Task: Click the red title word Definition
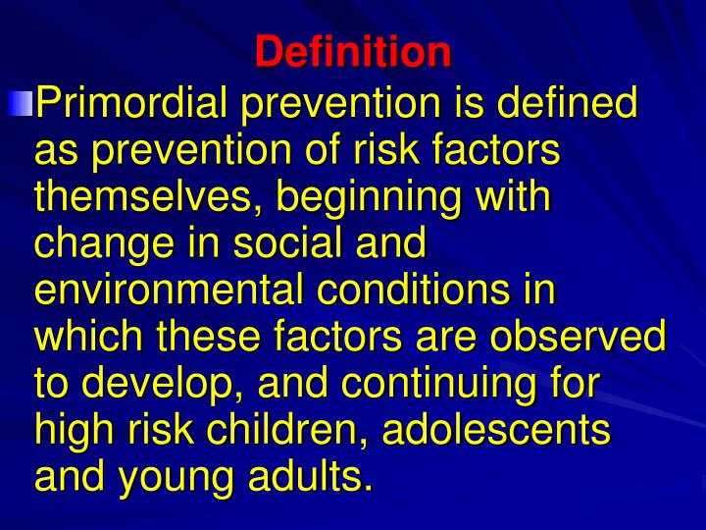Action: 353,51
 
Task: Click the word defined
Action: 584,102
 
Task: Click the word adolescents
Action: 496,430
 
